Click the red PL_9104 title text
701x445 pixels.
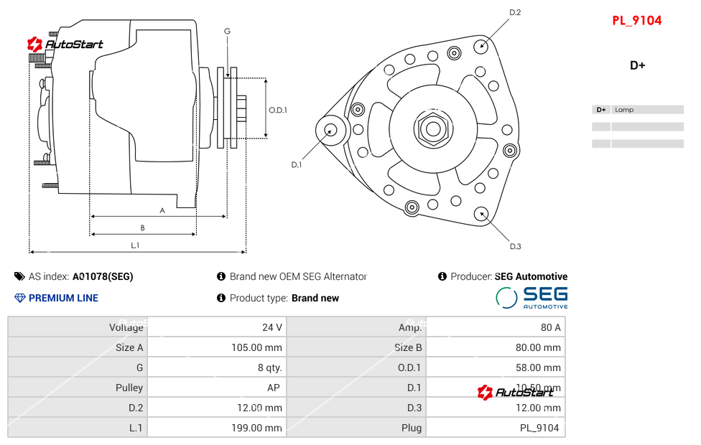636,21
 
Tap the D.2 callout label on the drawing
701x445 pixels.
515,12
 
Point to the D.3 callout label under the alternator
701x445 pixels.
515,247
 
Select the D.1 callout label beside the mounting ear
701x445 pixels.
296,165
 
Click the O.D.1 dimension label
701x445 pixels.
278,111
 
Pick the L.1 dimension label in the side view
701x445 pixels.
135,245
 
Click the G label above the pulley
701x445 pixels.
227,31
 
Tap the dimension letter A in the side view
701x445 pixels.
162,210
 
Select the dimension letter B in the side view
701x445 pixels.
142,228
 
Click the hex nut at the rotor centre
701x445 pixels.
432,129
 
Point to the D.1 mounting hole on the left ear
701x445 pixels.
331,130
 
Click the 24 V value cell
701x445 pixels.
271,327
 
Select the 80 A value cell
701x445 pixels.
550,327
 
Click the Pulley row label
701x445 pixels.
129,388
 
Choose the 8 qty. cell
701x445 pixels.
269,367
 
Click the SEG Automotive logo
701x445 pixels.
531,297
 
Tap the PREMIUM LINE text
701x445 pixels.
63,298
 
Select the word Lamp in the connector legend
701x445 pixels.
624,110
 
